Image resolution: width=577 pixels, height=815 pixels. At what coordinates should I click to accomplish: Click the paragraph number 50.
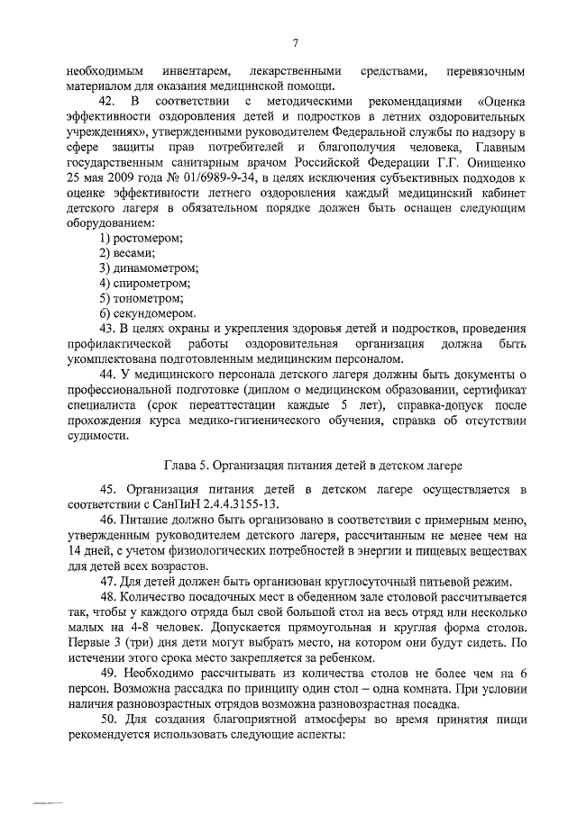[x=108, y=720]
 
